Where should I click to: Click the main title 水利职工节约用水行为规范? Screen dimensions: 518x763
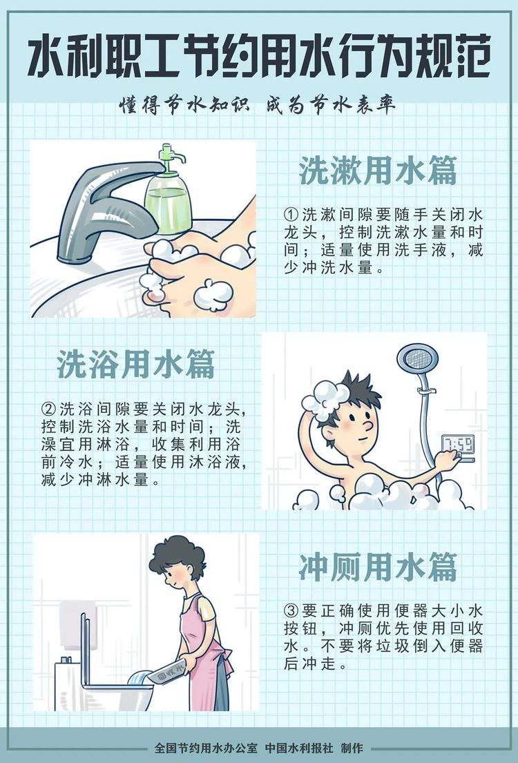(258, 59)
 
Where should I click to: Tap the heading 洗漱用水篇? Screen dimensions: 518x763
(378, 171)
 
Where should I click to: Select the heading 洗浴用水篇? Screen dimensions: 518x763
(136, 365)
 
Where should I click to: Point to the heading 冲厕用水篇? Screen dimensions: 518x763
(378, 567)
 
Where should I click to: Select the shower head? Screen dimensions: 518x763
(417, 360)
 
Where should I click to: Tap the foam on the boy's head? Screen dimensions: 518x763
(325, 399)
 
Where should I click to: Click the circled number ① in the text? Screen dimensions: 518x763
(291, 215)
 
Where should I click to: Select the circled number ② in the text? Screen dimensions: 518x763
(48, 409)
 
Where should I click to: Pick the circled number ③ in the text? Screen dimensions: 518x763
(291, 611)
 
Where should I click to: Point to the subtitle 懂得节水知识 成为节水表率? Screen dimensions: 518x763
(258, 105)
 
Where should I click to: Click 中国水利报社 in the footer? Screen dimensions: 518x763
(299, 747)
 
